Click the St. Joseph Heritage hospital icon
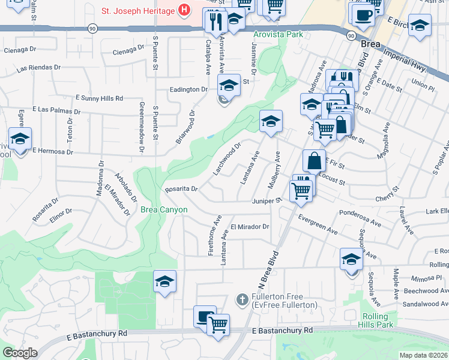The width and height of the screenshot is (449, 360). pyautogui.click(x=184, y=10)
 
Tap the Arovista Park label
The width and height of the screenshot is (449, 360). pyautogui.click(x=278, y=35)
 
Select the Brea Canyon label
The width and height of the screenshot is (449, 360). pyautogui.click(x=164, y=209)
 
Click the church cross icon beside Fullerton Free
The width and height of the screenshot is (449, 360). pyautogui.click(x=242, y=299)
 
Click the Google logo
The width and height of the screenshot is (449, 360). pyautogui.click(x=20, y=353)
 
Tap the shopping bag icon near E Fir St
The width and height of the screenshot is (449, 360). pyautogui.click(x=314, y=161)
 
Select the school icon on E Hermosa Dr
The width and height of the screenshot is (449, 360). pyautogui.click(x=20, y=140)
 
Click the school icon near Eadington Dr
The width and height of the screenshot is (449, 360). pyautogui.click(x=229, y=86)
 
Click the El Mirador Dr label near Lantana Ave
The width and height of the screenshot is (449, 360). pyautogui.click(x=250, y=227)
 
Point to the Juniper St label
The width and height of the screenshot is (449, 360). pyautogui.click(x=267, y=201)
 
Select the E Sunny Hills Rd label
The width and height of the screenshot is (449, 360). pyautogui.click(x=99, y=98)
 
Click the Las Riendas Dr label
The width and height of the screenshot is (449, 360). pyautogui.click(x=39, y=68)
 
